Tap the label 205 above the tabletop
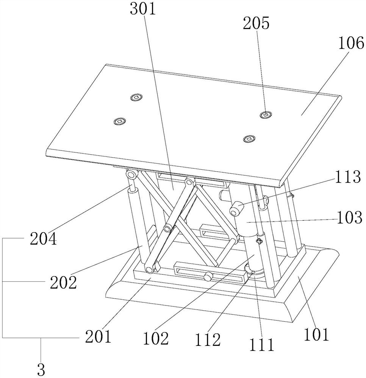pos(257,23)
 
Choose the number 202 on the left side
pos(63,282)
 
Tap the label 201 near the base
pos(97,336)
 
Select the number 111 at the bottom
pos(260,344)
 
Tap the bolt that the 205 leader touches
pos(266,114)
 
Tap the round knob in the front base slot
pos(208,277)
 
